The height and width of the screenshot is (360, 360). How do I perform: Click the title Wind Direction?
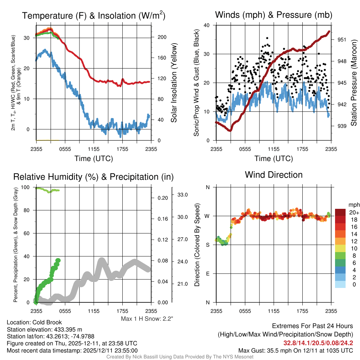tap(274, 175)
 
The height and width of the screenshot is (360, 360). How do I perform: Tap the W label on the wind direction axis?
tap(208, 216)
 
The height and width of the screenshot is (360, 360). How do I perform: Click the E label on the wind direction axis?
tap(208, 274)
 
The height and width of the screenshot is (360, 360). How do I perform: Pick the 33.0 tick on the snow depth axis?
tap(184, 194)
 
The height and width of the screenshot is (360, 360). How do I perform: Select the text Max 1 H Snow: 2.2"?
tap(147, 319)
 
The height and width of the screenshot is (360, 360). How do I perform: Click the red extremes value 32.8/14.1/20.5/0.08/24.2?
tap(318, 343)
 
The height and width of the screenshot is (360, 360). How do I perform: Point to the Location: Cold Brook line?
tap(34, 322)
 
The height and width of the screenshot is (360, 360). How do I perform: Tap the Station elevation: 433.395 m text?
tap(44, 329)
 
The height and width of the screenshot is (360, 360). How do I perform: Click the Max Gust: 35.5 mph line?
tap(296, 350)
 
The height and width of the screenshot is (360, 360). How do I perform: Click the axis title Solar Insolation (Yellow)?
tap(174, 83)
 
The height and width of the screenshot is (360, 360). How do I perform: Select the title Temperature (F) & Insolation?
tap(94, 16)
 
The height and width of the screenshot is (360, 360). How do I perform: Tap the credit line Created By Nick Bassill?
tap(180, 357)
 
